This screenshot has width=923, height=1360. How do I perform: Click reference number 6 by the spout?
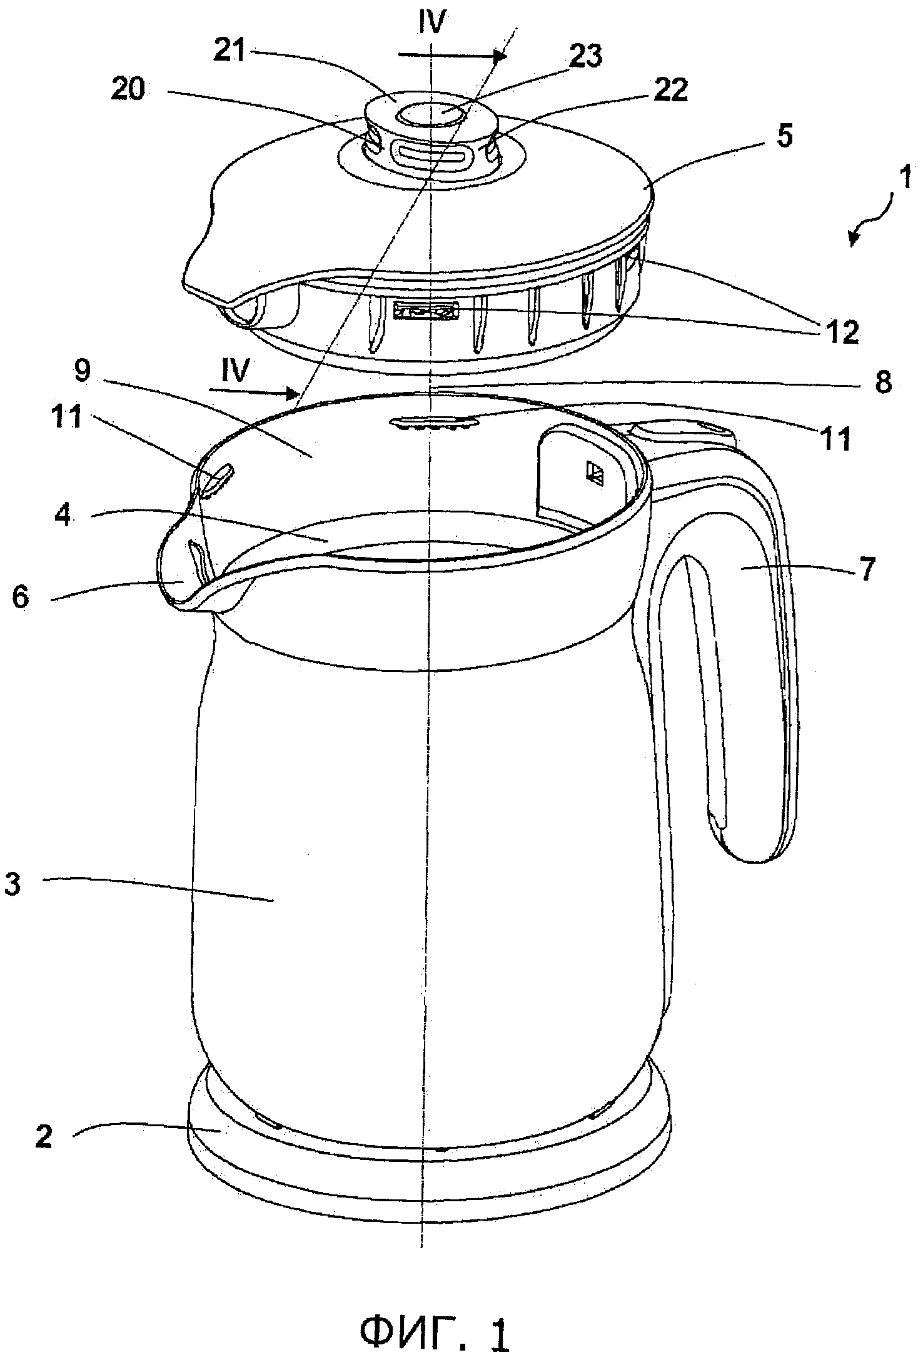point(21,597)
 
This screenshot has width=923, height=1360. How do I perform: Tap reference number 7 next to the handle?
point(867,569)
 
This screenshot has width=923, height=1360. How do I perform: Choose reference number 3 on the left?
point(13,884)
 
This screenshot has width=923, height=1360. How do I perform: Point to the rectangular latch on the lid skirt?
point(425,310)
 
